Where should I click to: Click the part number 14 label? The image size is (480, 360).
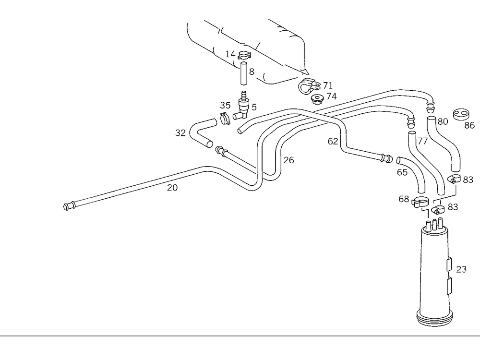[230, 54]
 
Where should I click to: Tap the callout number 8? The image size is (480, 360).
[251, 72]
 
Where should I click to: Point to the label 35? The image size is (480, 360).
[225, 105]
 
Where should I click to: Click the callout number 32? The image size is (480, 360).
[180, 133]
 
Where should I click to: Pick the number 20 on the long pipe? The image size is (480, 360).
[172, 188]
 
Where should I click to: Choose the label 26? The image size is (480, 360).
[288, 160]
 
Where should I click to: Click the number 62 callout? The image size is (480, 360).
[333, 142]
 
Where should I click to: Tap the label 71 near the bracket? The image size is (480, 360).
[327, 85]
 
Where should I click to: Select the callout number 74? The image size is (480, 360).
[331, 96]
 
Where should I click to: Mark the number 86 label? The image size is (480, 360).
[469, 126]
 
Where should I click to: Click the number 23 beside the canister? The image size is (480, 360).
[461, 269]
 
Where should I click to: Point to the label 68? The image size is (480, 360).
[404, 199]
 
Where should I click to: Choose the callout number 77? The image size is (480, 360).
[422, 141]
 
